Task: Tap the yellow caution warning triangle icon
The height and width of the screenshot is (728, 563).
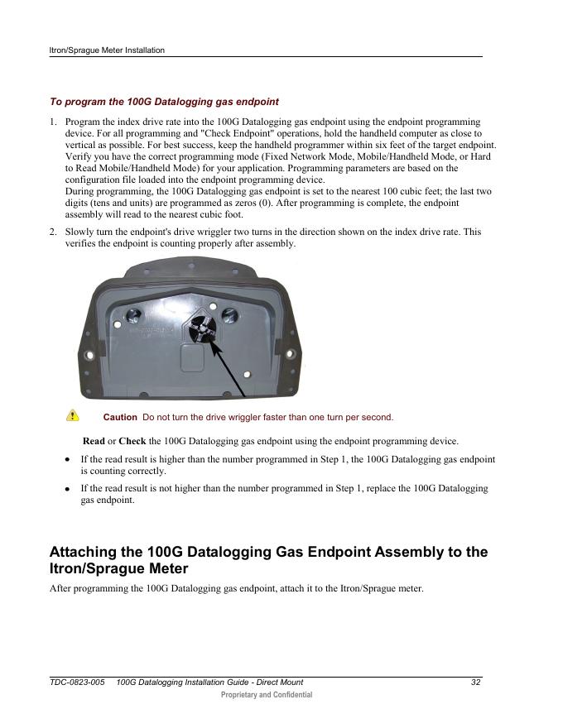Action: point(73,415)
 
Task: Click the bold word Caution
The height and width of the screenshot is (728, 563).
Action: point(119,417)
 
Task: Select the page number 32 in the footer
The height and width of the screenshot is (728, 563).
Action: point(476,682)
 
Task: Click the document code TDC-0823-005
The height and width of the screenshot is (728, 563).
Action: point(77,682)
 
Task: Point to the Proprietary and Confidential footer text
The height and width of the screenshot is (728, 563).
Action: point(267,695)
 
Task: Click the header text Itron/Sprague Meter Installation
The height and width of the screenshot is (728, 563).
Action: point(107,50)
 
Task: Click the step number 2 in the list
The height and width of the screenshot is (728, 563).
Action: point(52,232)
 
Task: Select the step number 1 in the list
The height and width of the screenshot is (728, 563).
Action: point(52,122)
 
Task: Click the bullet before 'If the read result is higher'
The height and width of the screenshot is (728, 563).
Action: point(67,459)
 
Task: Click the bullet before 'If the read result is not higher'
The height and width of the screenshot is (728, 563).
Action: point(67,490)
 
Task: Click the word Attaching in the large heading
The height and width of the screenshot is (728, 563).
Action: point(89,552)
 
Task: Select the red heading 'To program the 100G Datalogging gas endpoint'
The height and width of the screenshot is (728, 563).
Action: point(164,102)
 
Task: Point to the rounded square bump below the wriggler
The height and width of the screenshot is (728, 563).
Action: point(195,360)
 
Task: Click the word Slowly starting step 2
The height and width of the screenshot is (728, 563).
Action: point(79,232)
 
